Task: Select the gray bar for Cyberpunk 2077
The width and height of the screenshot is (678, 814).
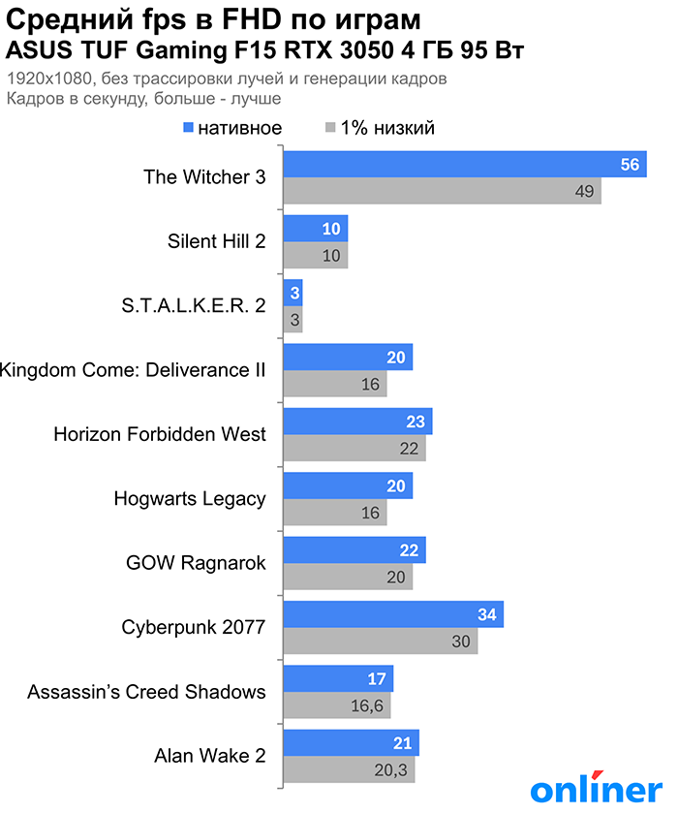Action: (x=380, y=641)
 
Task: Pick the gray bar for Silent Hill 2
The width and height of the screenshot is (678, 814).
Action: (x=315, y=255)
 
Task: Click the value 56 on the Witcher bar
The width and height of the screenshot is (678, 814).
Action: (x=630, y=165)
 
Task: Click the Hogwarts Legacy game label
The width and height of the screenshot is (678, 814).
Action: (x=189, y=499)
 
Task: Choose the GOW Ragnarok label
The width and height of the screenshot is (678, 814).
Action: (x=196, y=563)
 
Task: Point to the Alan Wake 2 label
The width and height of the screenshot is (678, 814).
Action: (x=209, y=756)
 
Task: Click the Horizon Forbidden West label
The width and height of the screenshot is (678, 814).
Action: (x=160, y=434)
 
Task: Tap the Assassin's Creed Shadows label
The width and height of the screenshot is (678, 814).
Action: (x=146, y=692)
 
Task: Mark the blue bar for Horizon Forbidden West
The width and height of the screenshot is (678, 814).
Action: (x=357, y=422)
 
